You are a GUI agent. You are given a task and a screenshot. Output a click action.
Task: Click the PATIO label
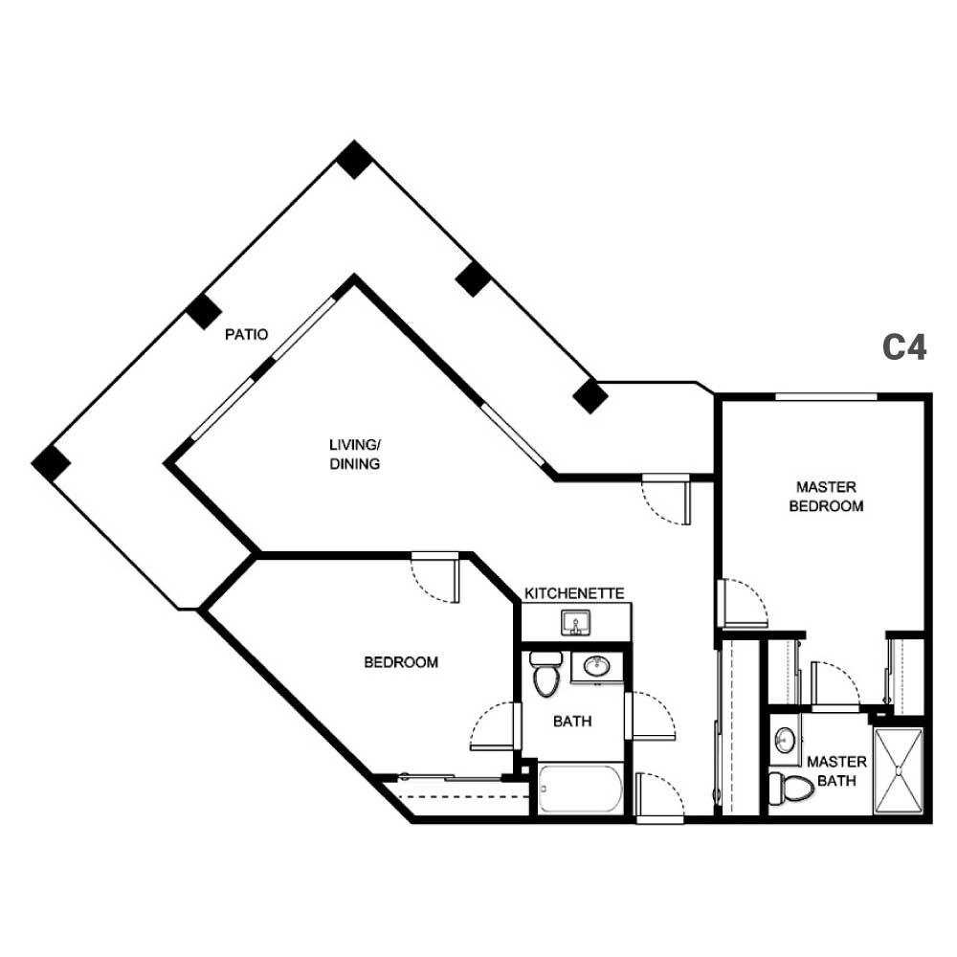[x=246, y=334]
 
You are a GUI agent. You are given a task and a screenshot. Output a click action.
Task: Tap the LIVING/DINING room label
[x=355, y=454]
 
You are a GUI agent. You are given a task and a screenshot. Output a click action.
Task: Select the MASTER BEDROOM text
[x=826, y=496]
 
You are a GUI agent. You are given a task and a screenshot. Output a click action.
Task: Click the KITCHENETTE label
[x=574, y=593]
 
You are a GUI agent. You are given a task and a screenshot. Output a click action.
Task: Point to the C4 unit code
[x=904, y=347]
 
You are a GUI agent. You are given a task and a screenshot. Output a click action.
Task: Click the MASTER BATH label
[x=836, y=770]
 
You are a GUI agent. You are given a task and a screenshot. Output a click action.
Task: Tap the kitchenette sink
[x=575, y=623]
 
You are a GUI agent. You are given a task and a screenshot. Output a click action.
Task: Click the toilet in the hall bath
[x=545, y=674]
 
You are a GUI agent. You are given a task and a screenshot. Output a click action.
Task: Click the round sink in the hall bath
[x=596, y=665]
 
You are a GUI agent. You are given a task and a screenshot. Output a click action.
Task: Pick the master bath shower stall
[x=899, y=770]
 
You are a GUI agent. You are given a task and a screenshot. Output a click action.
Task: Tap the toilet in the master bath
[x=791, y=788]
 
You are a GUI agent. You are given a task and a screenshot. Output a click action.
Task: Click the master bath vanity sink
[x=785, y=741]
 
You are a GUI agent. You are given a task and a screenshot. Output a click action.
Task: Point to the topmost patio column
[x=354, y=159]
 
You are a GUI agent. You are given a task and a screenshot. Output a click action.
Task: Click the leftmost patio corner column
[x=51, y=463]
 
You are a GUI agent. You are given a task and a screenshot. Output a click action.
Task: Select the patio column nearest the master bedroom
[x=590, y=396]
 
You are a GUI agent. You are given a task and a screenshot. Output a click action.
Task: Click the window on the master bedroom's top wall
[x=826, y=397]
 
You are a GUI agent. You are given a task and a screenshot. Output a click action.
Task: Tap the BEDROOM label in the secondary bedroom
[x=401, y=662]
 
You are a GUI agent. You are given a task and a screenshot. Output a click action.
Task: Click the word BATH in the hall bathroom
[x=572, y=722]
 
